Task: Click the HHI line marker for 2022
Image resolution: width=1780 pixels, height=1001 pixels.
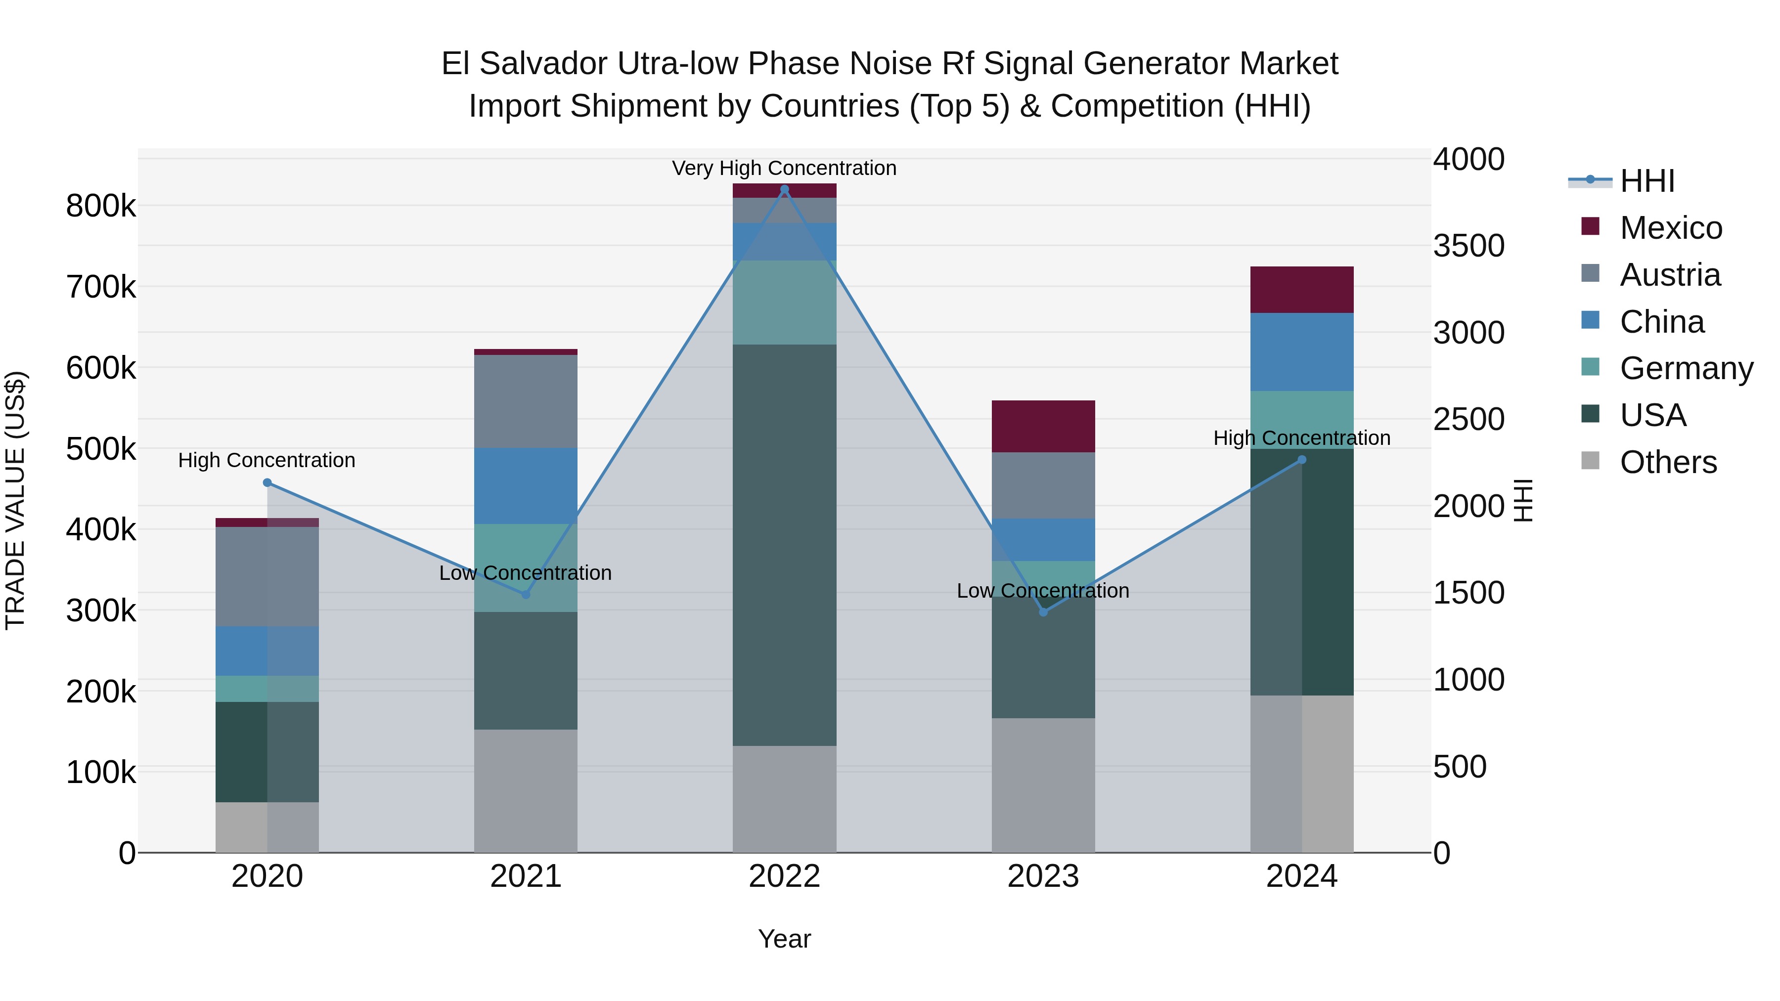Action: coord(784,189)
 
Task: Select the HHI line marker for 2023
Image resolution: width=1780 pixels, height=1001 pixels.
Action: coord(1043,612)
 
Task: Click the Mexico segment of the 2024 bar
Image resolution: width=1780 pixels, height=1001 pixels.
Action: coord(1302,290)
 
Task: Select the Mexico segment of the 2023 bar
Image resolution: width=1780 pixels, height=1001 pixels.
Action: coord(1043,426)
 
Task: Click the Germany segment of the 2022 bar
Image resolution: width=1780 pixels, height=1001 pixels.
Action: coord(784,302)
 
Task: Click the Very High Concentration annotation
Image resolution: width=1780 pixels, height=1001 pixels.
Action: coord(784,168)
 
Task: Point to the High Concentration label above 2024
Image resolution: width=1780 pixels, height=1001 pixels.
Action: coord(1302,438)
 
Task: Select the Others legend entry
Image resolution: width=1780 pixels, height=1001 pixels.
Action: coord(1668,462)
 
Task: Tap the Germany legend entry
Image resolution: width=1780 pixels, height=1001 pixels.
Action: coord(1686,368)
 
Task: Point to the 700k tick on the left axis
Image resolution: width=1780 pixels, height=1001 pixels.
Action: coord(101,287)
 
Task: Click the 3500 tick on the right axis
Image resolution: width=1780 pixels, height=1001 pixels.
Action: coord(1468,246)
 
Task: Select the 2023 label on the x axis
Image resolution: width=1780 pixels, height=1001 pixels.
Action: coord(1043,876)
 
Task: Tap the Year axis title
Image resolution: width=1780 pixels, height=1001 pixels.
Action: coord(784,939)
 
